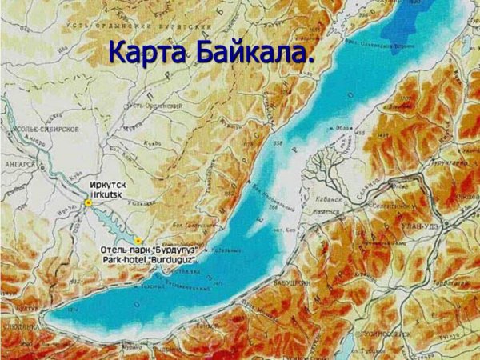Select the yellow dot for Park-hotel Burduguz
coord(138,240)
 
